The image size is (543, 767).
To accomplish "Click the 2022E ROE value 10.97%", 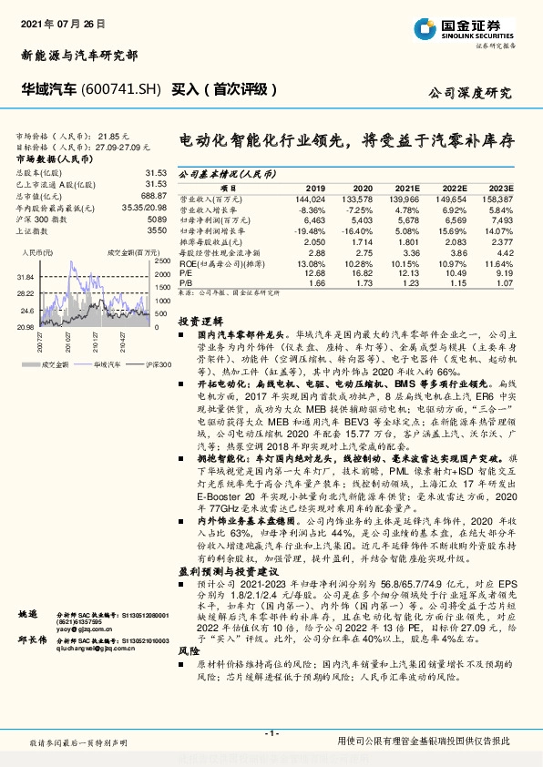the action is coord(453,262).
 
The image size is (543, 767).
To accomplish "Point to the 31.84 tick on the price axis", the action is coord(25,276).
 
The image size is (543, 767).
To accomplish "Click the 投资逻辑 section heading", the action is coord(200,322).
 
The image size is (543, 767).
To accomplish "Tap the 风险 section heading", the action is coord(188,651).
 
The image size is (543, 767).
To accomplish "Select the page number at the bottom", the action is coord(271,732).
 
